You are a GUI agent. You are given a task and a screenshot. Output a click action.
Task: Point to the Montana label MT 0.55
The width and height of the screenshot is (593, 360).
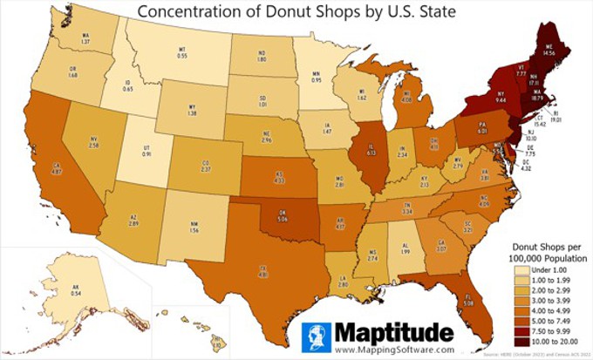[182, 51]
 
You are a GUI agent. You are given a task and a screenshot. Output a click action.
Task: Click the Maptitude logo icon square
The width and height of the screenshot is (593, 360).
[319, 338]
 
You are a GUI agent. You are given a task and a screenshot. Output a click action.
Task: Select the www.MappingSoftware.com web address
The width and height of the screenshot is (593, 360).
[393, 349]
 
